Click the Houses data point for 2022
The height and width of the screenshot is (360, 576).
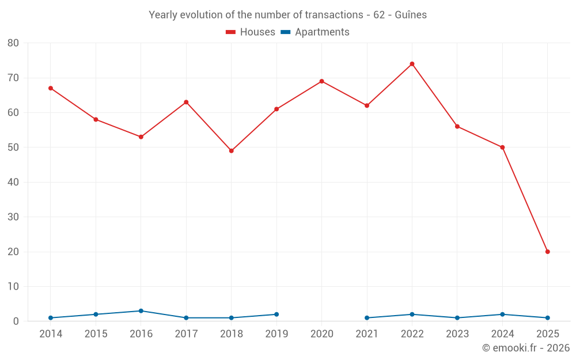412,64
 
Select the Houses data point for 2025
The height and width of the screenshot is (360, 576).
547,252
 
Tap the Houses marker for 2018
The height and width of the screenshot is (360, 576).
232,151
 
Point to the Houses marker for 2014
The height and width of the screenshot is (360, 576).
51,88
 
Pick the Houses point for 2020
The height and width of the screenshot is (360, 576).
321,81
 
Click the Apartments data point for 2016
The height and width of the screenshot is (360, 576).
141,311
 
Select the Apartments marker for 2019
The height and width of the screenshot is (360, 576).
276,314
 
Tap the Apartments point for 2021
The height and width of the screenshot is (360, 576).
367,318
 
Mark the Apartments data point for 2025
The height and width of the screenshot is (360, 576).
547,318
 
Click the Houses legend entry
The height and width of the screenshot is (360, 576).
251,32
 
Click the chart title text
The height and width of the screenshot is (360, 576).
288,15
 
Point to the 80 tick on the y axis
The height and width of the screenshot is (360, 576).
13,43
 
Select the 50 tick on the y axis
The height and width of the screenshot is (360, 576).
13,147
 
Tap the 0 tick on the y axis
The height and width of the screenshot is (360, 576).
16,321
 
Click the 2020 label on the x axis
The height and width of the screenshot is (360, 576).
321,334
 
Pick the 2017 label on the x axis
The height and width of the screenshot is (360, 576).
186,334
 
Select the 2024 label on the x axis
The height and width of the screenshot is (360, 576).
502,334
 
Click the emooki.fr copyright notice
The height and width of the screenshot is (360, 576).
525,348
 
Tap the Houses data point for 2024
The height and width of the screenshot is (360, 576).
502,147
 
